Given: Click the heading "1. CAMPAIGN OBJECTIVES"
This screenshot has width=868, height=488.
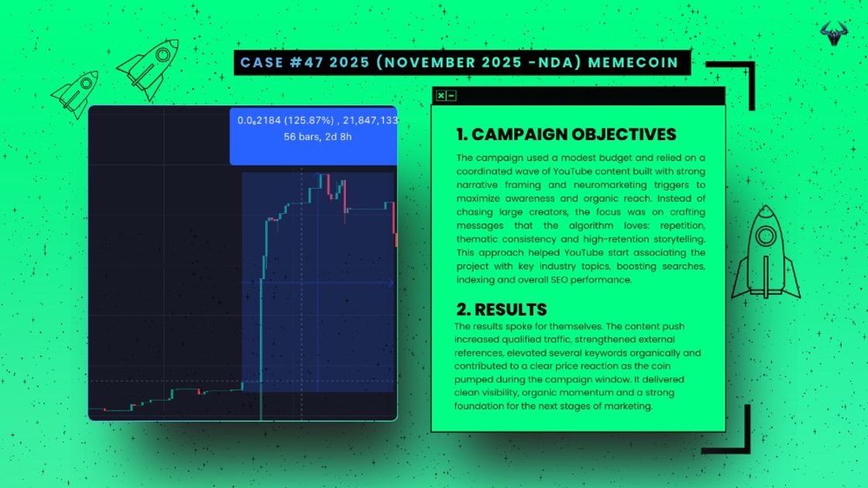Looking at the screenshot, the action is (x=566, y=135).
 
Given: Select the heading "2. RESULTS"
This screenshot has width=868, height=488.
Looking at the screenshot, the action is (x=502, y=309).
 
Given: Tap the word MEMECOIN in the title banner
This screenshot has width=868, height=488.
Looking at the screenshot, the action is (x=633, y=63).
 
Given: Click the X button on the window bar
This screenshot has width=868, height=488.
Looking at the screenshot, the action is (x=441, y=96).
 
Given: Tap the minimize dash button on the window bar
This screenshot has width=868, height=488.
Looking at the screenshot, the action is (x=451, y=96).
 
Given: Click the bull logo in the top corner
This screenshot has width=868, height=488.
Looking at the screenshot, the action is (x=834, y=33).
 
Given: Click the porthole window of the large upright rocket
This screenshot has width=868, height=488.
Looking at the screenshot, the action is (x=766, y=236).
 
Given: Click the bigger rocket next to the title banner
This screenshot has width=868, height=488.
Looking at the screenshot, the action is (x=149, y=68).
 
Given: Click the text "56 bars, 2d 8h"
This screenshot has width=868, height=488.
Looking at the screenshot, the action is (x=317, y=137).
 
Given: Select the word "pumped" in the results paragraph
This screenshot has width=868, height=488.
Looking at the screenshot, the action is (x=471, y=380).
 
